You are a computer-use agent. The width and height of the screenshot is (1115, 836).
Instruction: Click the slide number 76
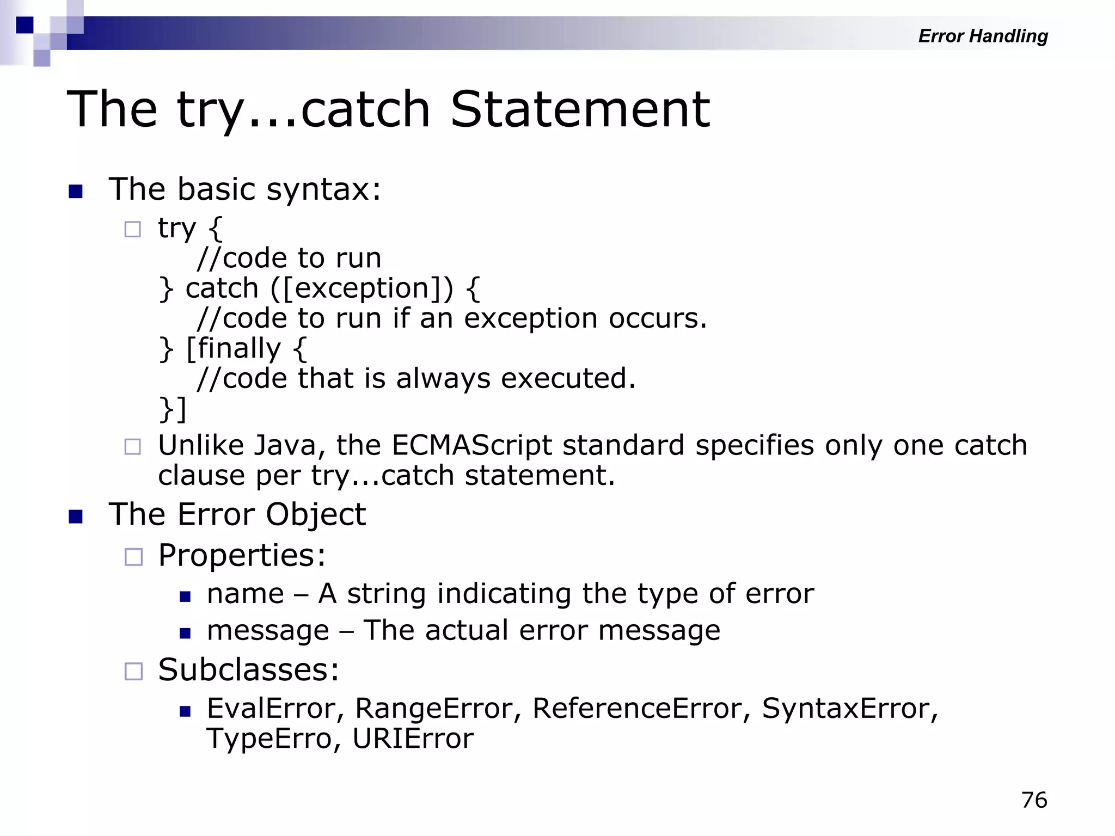tap(1034, 800)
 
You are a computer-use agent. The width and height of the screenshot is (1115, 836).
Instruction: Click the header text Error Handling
tap(983, 36)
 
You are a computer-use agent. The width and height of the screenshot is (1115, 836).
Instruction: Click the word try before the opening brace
tap(176, 228)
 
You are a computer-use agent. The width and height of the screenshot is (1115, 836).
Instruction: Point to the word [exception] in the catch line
tap(362, 288)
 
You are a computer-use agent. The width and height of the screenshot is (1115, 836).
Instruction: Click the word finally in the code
tap(239, 348)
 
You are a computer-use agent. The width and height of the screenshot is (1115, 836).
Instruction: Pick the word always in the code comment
tap(443, 378)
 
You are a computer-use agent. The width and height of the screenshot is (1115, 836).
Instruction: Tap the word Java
tap(285, 445)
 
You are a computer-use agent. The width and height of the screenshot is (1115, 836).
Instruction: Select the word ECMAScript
tap(471, 445)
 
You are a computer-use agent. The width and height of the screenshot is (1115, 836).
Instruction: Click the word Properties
tap(242, 556)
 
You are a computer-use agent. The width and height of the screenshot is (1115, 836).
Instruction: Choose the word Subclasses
tap(248, 670)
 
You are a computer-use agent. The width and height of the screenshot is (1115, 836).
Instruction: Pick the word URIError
tap(413, 739)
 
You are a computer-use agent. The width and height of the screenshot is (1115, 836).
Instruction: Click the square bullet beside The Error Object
tap(76, 517)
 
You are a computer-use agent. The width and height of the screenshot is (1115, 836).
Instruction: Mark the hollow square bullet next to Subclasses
tap(133, 671)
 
